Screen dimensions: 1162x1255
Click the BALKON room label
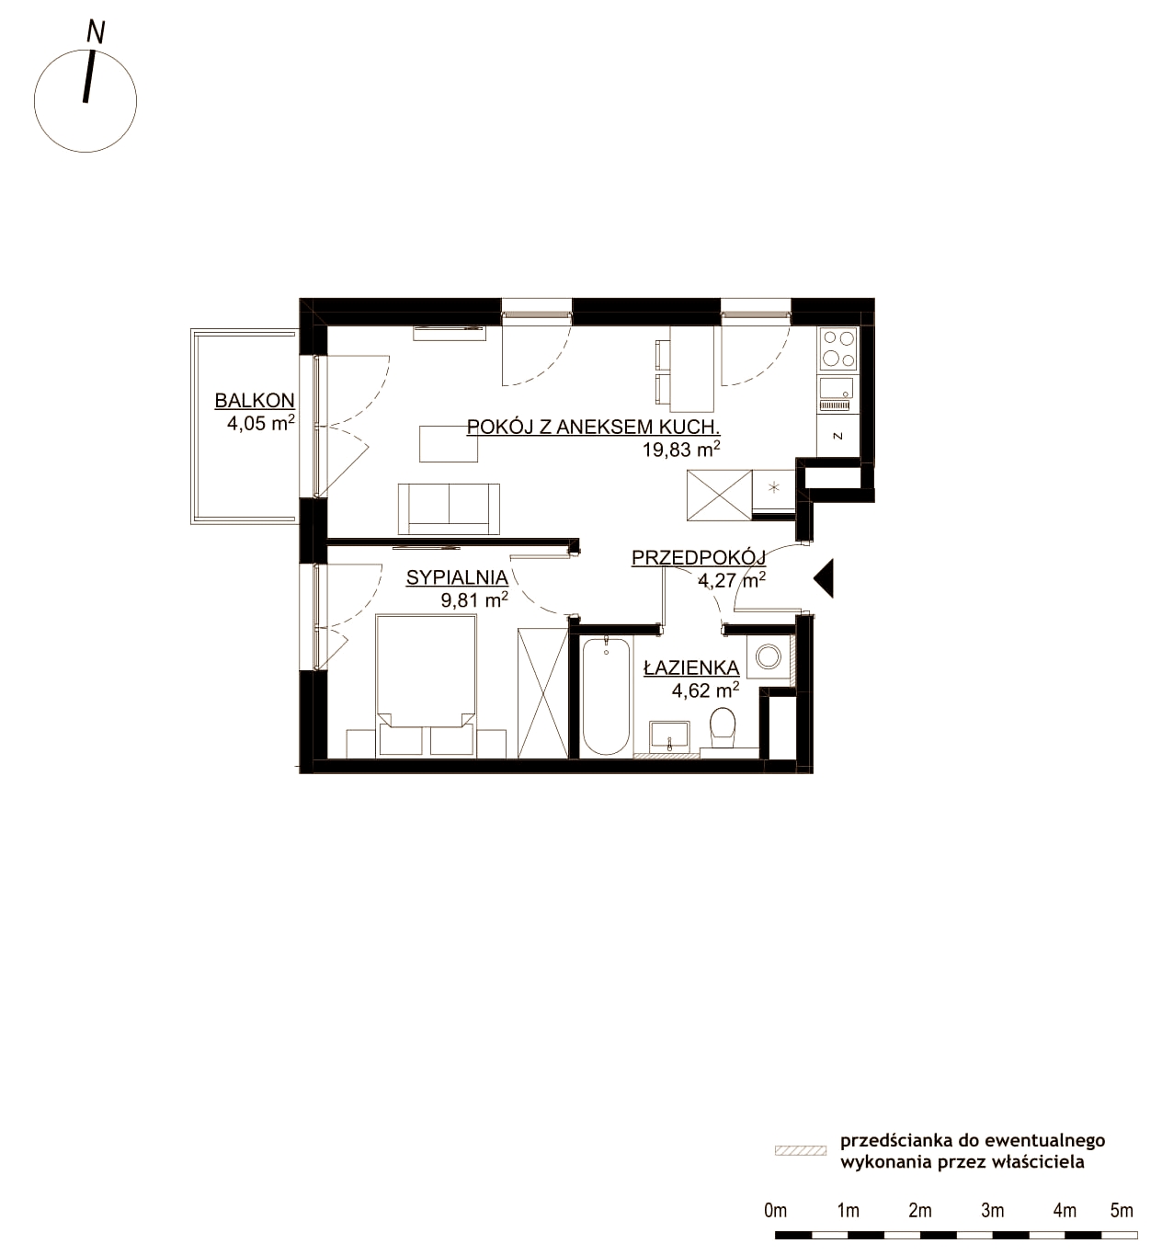coord(255,400)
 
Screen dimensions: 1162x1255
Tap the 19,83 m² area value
coord(682,450)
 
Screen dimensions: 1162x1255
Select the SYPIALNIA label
coord(457,577)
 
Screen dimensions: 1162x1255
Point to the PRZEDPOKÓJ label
coord(699,557)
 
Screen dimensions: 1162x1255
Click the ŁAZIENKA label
coord(691,667)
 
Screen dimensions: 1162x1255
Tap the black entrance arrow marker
coord(824,577)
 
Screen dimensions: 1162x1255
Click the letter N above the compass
coord(96,32)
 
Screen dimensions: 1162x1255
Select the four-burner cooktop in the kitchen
coord(838,348)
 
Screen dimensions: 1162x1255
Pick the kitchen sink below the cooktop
coord(837,394)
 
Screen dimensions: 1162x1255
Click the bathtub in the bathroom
coord(606,695)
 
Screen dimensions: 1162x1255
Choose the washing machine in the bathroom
coord(769,656)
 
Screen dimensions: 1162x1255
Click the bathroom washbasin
coord(670,737)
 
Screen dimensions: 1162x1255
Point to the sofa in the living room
coord(449,509)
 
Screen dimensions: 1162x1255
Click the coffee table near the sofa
coord(448,443)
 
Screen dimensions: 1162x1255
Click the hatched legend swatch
coord(801,1150)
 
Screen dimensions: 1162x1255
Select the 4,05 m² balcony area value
coord(261,423)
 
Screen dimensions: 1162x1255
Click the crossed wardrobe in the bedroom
coord(542,692)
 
